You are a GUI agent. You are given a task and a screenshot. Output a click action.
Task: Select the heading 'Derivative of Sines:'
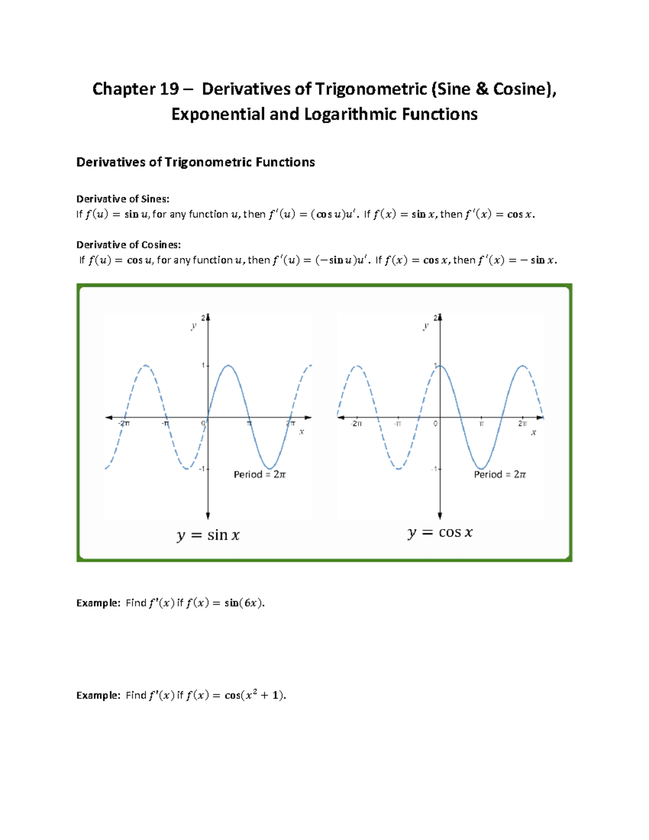(x=123, y=199)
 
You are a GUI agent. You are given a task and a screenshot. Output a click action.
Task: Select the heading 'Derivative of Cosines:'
(x=128, y=244)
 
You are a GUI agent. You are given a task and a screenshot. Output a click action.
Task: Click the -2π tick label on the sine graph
(x=124, y=424)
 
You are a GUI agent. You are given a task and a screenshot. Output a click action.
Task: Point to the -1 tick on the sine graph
(x=202, y=468)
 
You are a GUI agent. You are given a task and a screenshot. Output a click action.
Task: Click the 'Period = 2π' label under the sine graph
(x=260, y=474)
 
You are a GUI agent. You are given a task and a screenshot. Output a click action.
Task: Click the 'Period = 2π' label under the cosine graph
(x=500, y=474)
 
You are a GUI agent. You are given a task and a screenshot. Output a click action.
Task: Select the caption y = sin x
(x=208, y=535)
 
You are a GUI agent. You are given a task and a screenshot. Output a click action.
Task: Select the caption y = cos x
(x=440, y=533)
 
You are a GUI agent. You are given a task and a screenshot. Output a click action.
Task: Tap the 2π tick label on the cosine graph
(x=522, y=424)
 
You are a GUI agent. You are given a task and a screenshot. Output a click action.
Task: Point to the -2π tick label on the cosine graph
(x=356, y=424)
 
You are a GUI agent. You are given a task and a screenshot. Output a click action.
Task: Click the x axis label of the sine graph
(x=302, y=432)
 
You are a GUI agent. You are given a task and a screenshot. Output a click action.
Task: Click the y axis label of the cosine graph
(x=426, y=326)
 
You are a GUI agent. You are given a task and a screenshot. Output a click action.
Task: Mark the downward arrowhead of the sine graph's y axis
(x=208, y=516)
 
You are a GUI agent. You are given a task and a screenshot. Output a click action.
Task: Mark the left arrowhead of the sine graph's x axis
(x=109, y=418)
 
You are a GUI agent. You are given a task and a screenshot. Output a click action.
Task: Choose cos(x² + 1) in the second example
(x=255, y=695)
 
